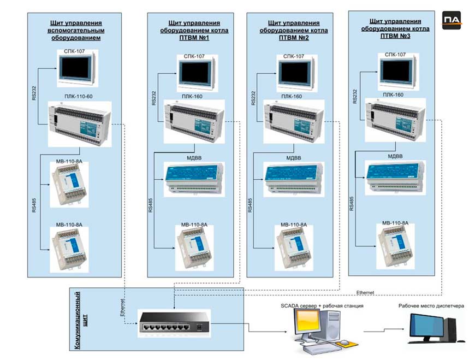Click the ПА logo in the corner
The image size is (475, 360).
(x=452, y=20)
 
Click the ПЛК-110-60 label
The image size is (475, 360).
(x=79, y=97)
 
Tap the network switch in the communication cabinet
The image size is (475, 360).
(x=174, y=323)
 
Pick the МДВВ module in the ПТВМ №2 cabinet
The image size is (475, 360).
(x=294, y=179)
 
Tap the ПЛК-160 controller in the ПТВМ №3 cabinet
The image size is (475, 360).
(x=395, y=121)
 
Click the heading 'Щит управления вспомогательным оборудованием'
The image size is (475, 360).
(x=76, y=30)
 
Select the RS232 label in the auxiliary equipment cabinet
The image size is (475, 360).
(x=34, y=93)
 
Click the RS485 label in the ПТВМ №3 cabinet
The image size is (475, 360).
(x=352, y=204)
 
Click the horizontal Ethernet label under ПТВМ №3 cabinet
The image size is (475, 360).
(x=365, y=292)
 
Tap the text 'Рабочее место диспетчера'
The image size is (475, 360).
(x=431, y=306)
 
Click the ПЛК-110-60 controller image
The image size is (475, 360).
(x=80, y=124)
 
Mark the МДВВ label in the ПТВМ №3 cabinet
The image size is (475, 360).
(x=395, y=156)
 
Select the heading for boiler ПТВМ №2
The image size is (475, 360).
(x=294, y=30)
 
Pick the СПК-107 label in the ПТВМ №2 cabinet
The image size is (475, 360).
(x=294, y=56)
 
